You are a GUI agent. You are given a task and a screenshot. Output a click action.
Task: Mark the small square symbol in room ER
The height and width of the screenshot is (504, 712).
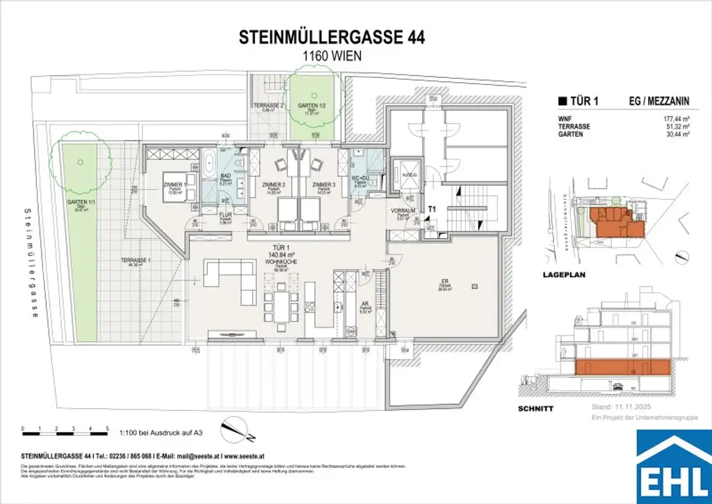pos(475,285)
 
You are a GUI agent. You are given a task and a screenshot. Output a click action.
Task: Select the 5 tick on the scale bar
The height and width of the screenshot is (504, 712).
pos(107,428)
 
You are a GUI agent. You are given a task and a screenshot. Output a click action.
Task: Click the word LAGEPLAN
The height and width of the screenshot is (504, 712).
pos(565,275)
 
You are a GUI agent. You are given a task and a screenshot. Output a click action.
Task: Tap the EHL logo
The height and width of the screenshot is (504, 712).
pos(674,466)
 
